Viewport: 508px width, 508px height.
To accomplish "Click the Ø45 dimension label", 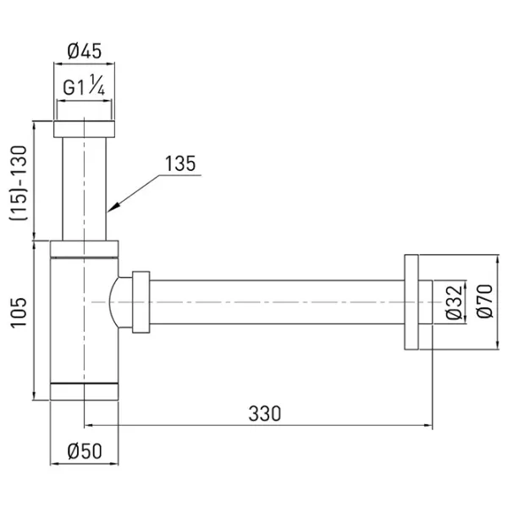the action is (84, 51).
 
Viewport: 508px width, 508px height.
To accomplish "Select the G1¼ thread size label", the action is (84, 86).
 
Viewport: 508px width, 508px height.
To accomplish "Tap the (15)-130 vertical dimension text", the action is (19, 183).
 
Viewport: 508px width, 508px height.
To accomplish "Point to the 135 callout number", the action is (180, 163).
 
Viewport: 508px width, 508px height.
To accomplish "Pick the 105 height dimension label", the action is (19, 313).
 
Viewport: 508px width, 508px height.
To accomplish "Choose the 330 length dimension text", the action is (265, 413).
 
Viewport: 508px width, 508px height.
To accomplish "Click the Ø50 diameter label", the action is (85, 451).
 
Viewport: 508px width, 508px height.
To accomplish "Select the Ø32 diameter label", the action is (454, 302).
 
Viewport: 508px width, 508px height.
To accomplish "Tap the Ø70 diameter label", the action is (485, 301).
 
